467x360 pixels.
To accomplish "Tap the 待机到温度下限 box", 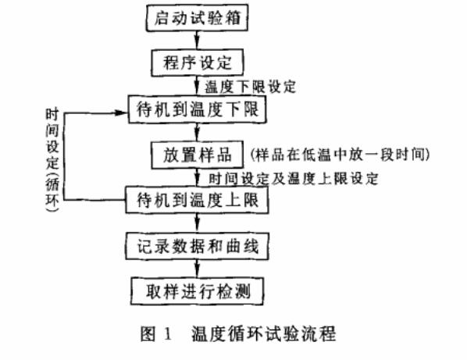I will coord(198,110).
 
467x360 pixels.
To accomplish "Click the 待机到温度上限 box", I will coord(198,201).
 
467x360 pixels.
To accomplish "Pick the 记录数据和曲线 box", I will coord(198,247).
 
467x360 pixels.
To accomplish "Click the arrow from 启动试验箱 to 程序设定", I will coord(198,40).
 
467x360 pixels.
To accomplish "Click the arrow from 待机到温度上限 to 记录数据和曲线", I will coord(198,223).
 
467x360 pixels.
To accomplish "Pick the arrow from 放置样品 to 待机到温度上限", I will coord(198,177).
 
